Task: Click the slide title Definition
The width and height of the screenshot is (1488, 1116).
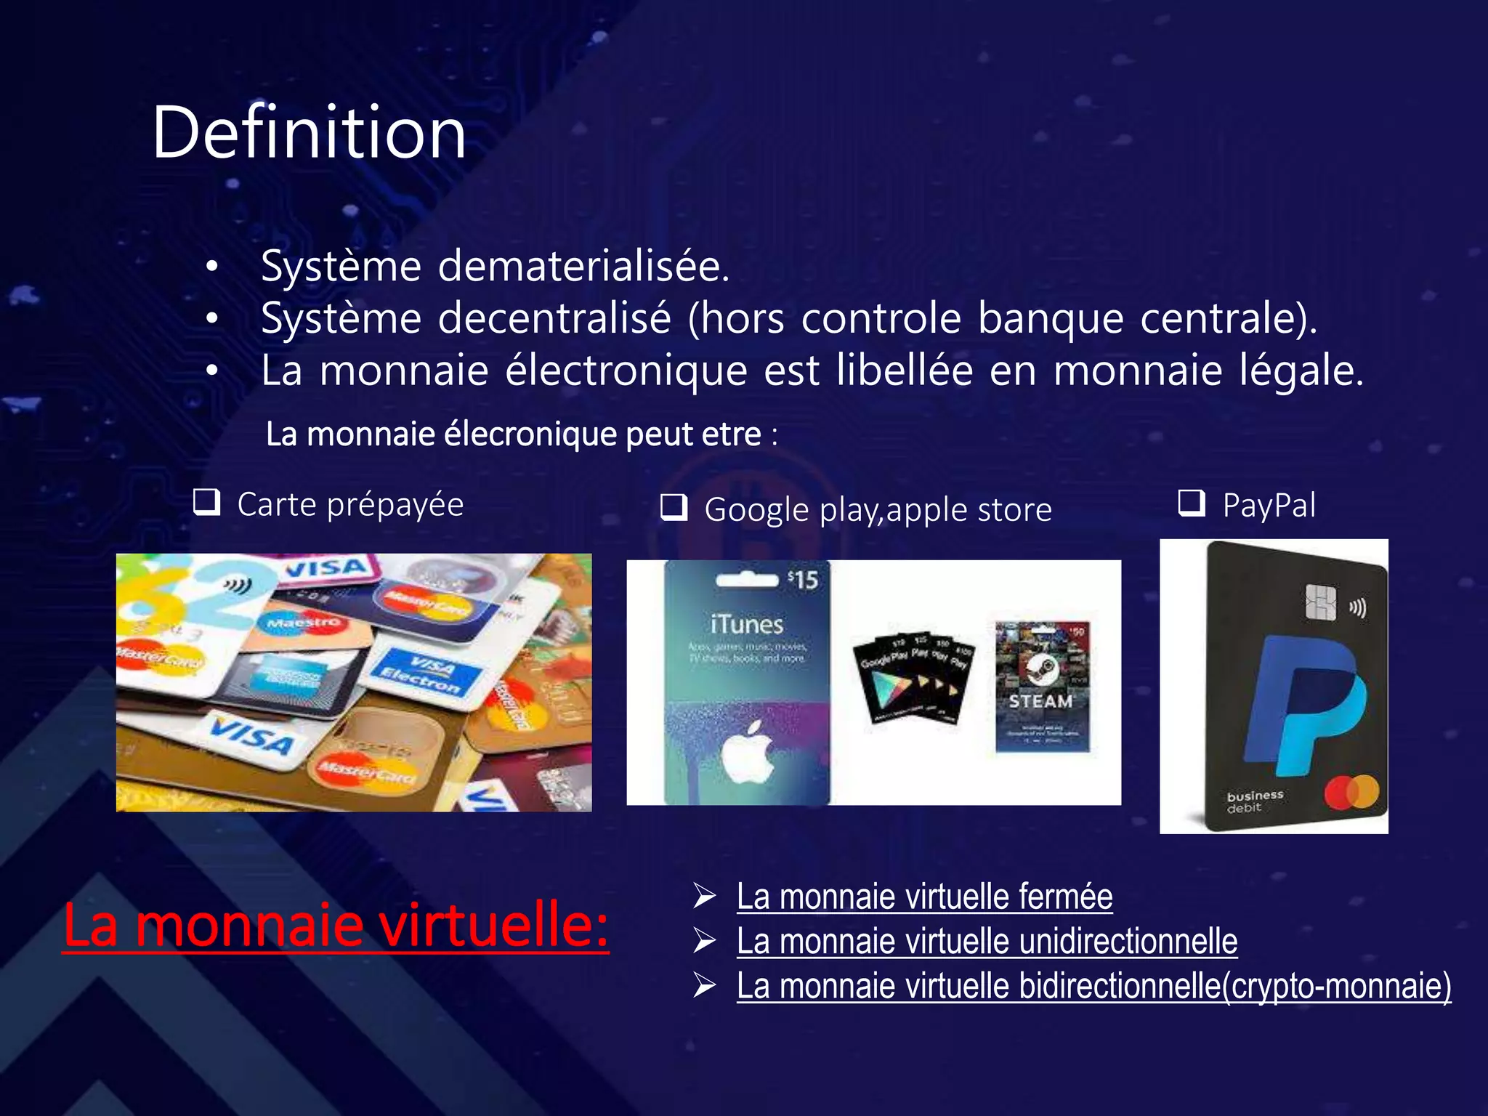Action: click(308, 132)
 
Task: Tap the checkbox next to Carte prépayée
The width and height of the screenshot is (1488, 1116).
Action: click(207, 502)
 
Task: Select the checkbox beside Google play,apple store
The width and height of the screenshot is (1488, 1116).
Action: click(674, 507)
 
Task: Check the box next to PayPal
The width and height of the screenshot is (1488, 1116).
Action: click(1192, 502)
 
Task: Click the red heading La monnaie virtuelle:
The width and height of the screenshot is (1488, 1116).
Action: click(336, 924)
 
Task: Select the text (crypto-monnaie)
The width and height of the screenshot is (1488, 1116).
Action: click(1337, 986)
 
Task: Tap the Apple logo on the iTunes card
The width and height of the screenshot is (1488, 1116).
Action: click(747, 752)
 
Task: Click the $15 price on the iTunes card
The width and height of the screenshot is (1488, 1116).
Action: click(803, 580)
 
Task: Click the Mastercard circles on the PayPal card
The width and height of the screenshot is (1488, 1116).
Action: click(1351, 792)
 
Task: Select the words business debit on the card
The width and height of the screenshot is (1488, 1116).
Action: click(1255, 801)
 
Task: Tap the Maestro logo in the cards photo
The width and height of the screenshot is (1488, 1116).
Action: click(303, 623)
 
